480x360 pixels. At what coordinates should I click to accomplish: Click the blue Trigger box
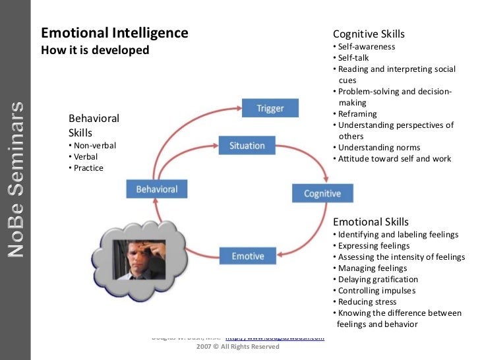click(x=270, y=108)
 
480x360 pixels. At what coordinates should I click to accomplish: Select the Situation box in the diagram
click(x=247, y=146)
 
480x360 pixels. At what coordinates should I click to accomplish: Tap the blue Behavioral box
click(x=157, y=189)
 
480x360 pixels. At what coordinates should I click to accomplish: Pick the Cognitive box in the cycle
click(x=322, y=193)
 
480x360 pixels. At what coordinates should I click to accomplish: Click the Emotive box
click(x=248, y=256)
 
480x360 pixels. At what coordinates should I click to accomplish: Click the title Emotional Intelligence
click(x=115, y=33)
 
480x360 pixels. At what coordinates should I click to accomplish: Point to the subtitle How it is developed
click(x=96, y=50)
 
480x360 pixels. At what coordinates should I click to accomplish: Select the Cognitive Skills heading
click(x=369, y=34)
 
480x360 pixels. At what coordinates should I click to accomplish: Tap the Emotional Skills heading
click(x=371, y=222)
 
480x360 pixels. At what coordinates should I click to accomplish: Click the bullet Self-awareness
click(x=366, y=47)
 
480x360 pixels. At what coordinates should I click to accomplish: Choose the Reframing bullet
click(x=359, y=114)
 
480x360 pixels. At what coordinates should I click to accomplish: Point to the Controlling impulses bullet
click(x=375, y=291)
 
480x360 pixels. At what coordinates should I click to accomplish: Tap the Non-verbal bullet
click(x=94, y=146)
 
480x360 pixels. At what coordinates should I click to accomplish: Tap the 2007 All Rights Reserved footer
click(x=238, y=346)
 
